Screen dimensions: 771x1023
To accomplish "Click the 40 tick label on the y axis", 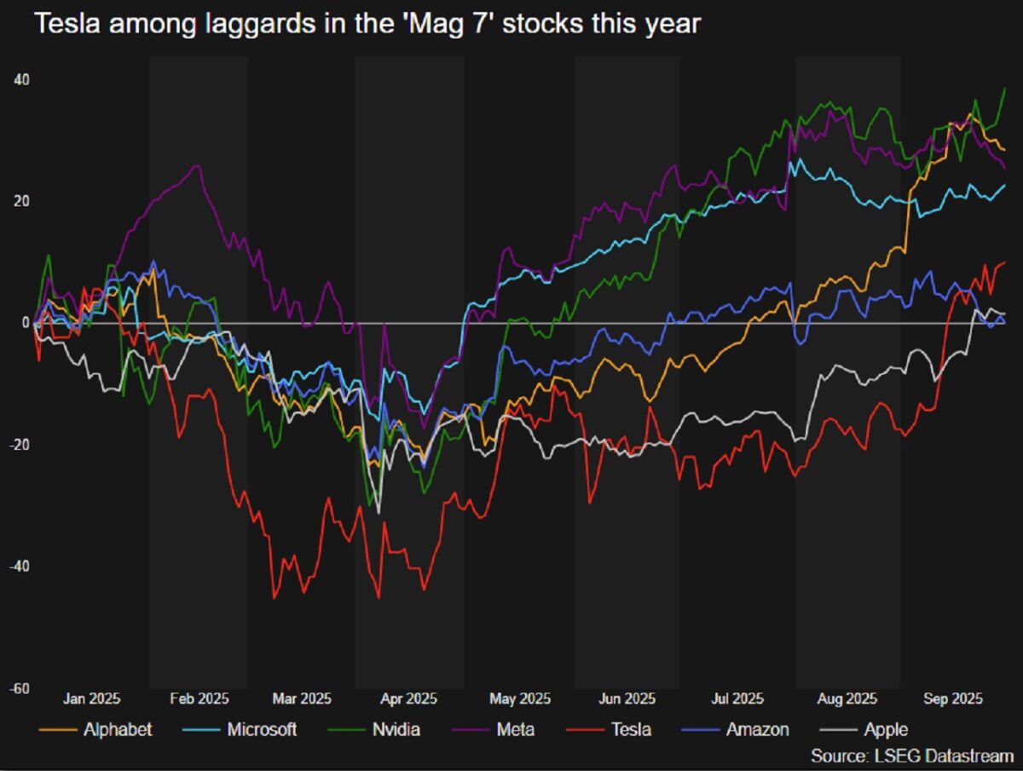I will [x=20, y=80].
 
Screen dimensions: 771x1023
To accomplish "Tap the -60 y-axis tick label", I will [x=19, y=688].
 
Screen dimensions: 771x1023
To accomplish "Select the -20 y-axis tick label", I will [x=19, y=445].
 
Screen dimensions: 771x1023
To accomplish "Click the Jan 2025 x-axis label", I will [x=92, y=699].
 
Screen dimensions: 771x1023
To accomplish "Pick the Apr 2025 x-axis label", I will [x=408, y=699].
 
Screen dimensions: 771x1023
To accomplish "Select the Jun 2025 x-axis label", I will [x=627, y=699].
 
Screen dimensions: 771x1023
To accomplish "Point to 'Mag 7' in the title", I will [x=442, y=23].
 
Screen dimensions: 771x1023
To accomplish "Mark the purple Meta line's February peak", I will [x=198, y=165].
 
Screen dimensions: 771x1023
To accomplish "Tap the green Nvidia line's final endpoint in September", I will [x=1005, y=88].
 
